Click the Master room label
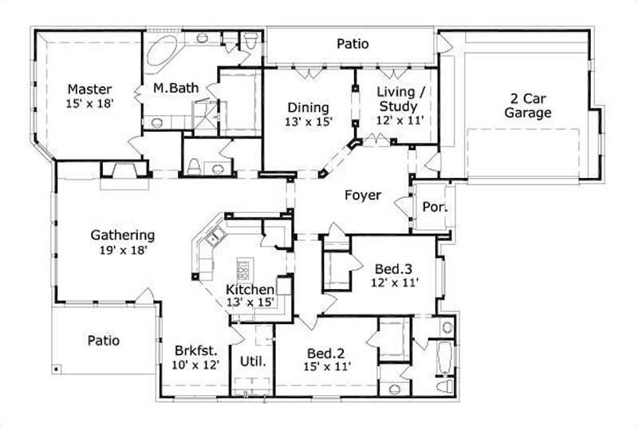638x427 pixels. pyautogui.click(x=89, y=89)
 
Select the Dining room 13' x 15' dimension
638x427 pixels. pyautogui.click(x=308, y=121)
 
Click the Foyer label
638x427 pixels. pyautogui.click(x=362, y=196)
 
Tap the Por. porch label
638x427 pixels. pyautogui.click(x=433, y=207)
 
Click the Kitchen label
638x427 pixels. pyautogui.click(x=250, y=289)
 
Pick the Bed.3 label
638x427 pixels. pyautogui.click(x=392, y=268)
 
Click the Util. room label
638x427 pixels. pyautogui.click(x=252, y=361)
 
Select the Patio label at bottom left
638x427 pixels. pyautogui.click(x=104, y=341)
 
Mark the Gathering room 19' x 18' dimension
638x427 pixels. pyautogui.click(x=122, y=249)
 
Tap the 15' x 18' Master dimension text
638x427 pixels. pyautogui.click(x=89, y=103)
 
